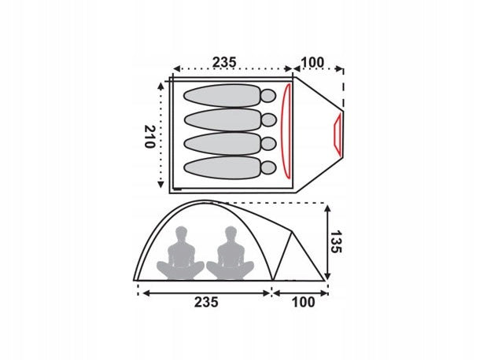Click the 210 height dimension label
click(x=150, y=137)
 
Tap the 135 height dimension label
click(x=336, y=242)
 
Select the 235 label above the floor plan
click(x=224, y=62)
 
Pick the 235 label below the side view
click(x=207, y=302)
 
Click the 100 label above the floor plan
click(x=312, y=62)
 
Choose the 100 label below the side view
click(x=304, y=302)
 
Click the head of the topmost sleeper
click(x=268, y=96)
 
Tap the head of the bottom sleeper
click(x=268, y=168)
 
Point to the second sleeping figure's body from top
click(x=223, y=119)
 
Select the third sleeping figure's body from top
click(x=223, y=144)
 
